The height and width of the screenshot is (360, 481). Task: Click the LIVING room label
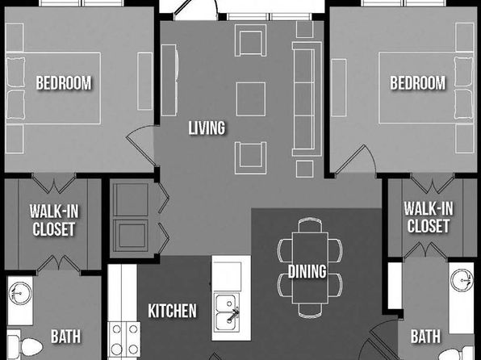pyautogui.click(x=207, y=128)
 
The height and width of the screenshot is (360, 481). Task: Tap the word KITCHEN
pyautogui.click(x=172, y=311)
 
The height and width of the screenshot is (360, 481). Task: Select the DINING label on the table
pyautogui.click(x=307, y=271)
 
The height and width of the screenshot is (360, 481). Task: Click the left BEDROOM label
pyautogui.click(x=64, y=83)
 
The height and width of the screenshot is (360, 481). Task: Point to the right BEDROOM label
pyautogui.click(x=417, y=83)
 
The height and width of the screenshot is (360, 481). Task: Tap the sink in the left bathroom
pyautogui.click(x=20, y=293)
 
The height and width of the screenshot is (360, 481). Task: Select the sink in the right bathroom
pyautogui.click(x=462, y=280)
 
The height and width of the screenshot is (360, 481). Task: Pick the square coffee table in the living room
pyautogui.click(x=251, y=98)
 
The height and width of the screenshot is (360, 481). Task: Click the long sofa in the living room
pyautogui.click(x=307, y=98)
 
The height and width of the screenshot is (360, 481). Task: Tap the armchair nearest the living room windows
pyautogui.click(x=250, y=40)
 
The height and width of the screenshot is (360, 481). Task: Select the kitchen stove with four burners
pyautogui.click(x=124, y=340)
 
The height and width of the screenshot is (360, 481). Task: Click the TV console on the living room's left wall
pyautogui.click(x=169, y=80)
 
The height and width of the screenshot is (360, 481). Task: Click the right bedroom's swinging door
pyautogui.click(x=355, y=161)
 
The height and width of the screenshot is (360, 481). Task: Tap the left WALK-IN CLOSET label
pyautogui.click(x=54, y=220)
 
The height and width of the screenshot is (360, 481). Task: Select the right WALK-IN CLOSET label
pyautogui.click(x=429, y=217)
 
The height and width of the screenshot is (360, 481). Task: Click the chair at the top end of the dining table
pyautogui.click(x=310, y=224)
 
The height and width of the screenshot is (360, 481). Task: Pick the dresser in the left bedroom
pyautogui.click(x=144, y=81)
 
